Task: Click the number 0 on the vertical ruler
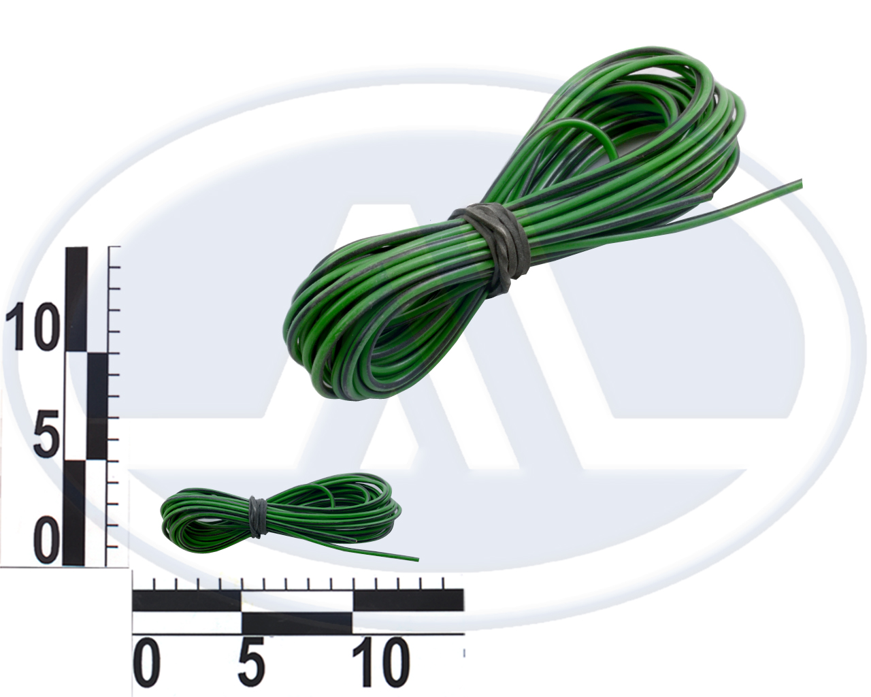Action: (x=48, y=543)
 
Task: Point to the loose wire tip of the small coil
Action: (x=417, y=560)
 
